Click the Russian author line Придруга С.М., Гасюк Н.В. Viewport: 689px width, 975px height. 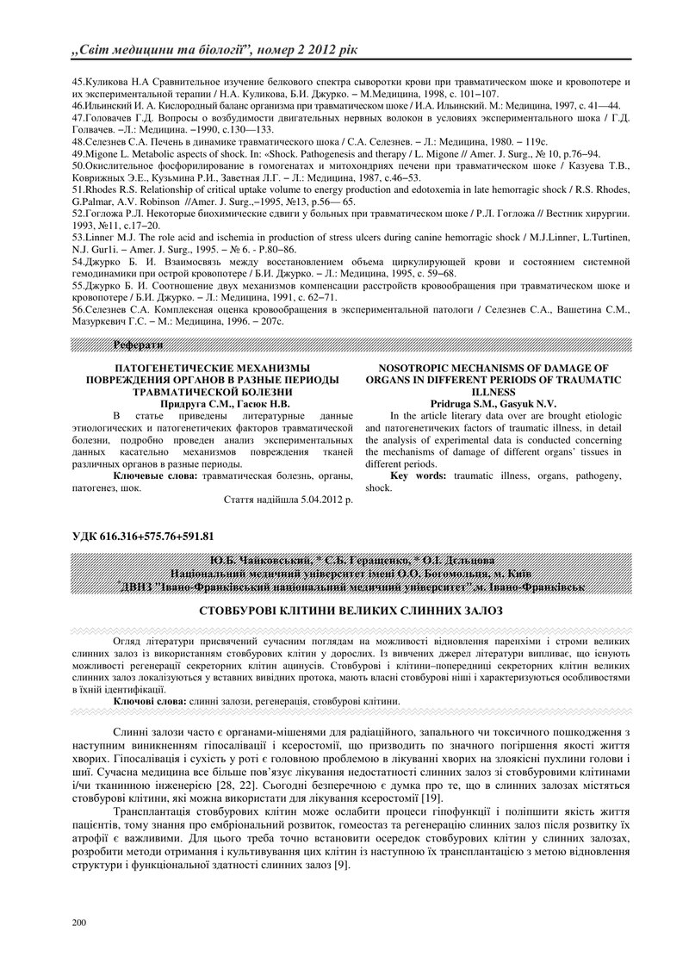[x=226, y=403]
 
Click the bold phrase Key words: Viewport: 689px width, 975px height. [x=417, y=475]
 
